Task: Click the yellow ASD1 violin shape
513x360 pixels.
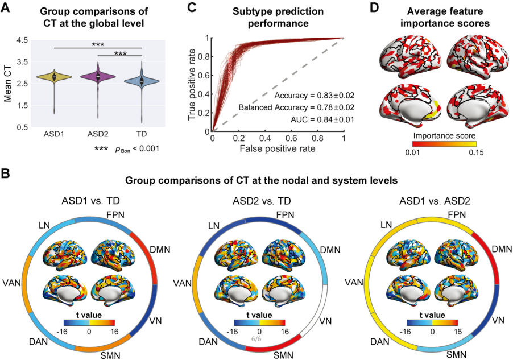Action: coord(54,77)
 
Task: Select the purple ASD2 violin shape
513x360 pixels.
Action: coord(98,77)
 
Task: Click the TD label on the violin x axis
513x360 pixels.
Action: coord(142,134)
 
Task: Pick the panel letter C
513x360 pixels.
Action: coord(192,7)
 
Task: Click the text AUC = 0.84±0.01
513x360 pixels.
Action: coord(322,119)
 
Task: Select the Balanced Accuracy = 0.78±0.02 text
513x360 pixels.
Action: coord(296,107)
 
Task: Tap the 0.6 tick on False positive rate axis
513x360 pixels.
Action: coord(292,138)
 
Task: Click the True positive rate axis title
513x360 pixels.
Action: coord(192,84)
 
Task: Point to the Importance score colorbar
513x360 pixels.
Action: coord(444,143)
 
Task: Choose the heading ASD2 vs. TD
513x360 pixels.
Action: coord(262,201)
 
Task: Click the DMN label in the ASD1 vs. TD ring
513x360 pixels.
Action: coord(160,250)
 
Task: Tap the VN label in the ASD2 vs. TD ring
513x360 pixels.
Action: coord(325,321)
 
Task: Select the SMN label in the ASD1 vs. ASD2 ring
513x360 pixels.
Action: coord(456,354)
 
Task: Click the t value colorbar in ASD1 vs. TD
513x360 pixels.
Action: coord(89,322)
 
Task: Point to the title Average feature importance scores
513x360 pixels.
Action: coord(445,17)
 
